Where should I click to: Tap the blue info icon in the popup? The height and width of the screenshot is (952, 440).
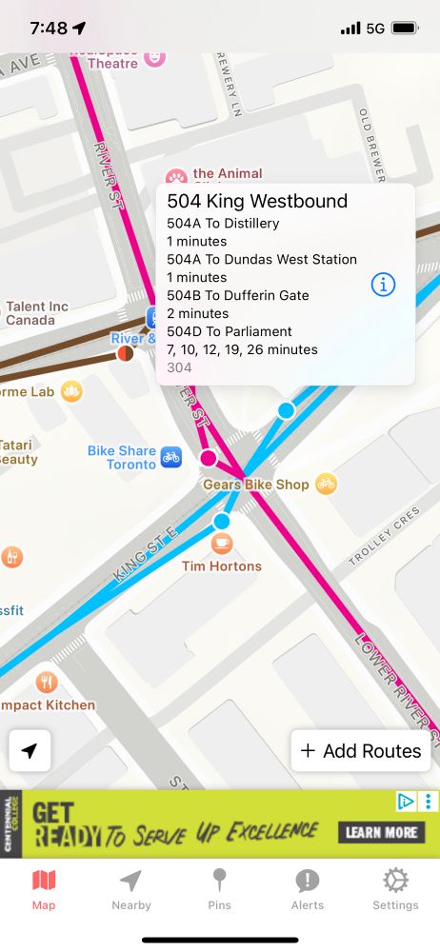tap(383, 285)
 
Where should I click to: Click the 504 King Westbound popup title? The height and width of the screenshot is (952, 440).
tap(257, 201)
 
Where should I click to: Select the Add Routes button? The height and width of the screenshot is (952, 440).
tap(361, 751)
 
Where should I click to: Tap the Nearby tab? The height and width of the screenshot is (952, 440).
tap(131, 889)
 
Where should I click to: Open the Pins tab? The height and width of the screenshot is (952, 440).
tap(219, 889)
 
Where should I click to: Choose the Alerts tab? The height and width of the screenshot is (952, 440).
tap(307, 889)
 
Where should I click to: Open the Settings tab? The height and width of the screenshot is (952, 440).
tap(395, 889)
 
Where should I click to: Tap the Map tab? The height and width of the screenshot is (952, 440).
tap(44, 889)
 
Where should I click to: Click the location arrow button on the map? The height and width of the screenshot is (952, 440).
tap(30, 751)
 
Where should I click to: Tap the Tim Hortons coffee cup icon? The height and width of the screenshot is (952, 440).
tap(222, 545)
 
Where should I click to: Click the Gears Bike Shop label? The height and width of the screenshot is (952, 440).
tap(256, 485)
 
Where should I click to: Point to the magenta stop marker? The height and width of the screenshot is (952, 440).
tap(209, 459)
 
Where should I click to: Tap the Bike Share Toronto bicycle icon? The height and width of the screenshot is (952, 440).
tap(170, 457)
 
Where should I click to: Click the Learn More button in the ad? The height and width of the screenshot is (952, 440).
tap(381, 832)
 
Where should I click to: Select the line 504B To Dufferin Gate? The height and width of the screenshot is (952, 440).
tap(238, 295)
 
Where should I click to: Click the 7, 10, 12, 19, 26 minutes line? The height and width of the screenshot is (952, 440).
tap(242, 349)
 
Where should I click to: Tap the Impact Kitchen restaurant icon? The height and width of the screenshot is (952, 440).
tap(47, 683)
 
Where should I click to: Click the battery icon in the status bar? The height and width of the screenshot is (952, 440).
tap(405, 29)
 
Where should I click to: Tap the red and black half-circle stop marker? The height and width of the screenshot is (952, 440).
tap(125, 354)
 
